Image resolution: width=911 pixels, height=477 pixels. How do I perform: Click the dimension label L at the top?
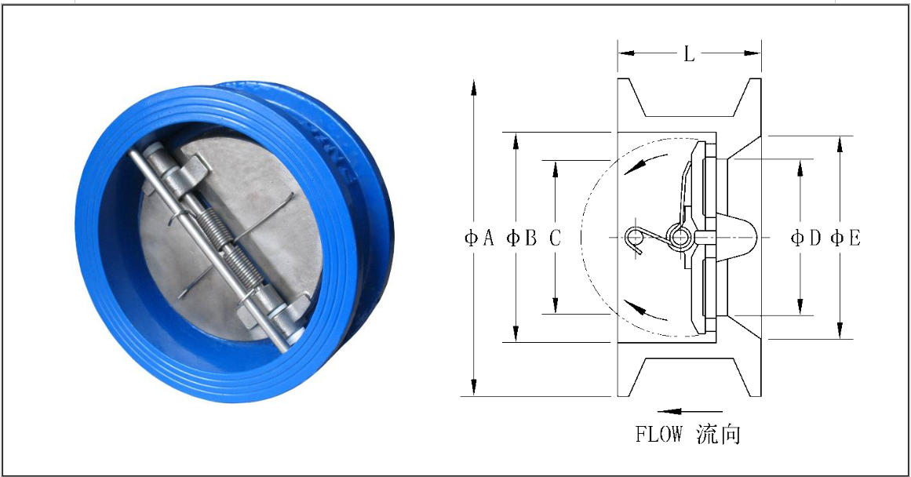(x=688, y=54)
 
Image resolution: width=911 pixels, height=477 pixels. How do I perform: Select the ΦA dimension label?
(x=479, y=238)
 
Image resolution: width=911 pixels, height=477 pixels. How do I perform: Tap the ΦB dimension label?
(x=522, y=238)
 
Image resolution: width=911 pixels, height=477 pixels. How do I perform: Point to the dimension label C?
(x=555, y=238)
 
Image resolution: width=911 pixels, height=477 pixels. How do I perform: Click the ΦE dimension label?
(x=845, y=238)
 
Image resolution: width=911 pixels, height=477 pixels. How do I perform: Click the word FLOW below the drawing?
(x=659, y=434)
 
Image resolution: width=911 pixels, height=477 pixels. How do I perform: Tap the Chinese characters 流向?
(x=718, y=434)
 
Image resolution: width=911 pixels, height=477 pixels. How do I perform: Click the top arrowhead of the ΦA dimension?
(x=474, y=86)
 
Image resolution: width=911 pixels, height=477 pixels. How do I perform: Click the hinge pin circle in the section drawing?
(x=676, y=235)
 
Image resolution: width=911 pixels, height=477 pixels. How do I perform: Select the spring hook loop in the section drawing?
(x=636, y=238)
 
